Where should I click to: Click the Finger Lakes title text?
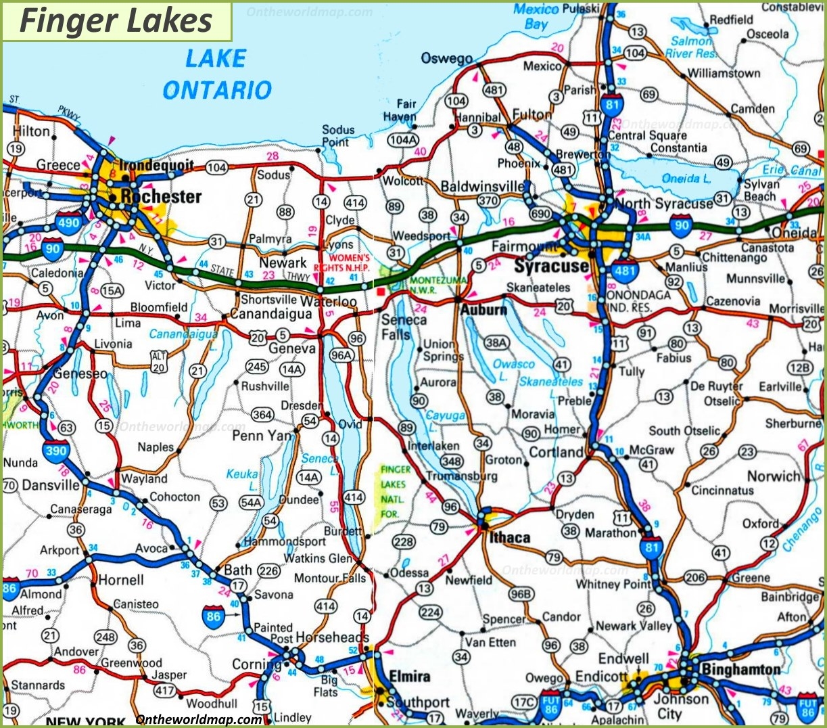tap(116, 20)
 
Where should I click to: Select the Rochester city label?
tap(161, 197)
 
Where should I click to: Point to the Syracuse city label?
tap(550, 266)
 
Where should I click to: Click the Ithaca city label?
tap(510, 538)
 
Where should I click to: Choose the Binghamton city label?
tap(740, 670)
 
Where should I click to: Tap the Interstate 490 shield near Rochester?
tap(68, 222)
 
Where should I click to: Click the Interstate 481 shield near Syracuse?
tap(625, 271)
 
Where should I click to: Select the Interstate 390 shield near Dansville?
tap(55, 450)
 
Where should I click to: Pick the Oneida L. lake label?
tap(686, 179)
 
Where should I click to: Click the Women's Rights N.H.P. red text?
tap(350, 263)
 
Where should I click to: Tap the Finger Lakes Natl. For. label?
tap(396, 492)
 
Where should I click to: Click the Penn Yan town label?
tap(262, 436)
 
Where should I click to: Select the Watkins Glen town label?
tap(318, 559)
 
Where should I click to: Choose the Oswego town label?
tap(446, 58)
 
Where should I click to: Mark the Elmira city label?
tap(409, 677)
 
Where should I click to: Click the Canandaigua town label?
tap(270, 315)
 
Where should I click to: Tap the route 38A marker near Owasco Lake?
tap(496, 343)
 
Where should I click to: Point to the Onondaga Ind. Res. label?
tap(638, 301)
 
